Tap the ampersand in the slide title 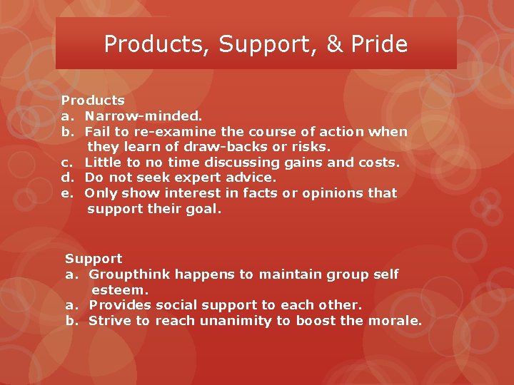[334, 44]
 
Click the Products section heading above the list [93, 101]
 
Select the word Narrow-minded [143, 116]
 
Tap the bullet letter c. [65, 163]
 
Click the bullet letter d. [66, 178]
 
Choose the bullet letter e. [66, 193]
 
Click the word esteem [119, 290]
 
